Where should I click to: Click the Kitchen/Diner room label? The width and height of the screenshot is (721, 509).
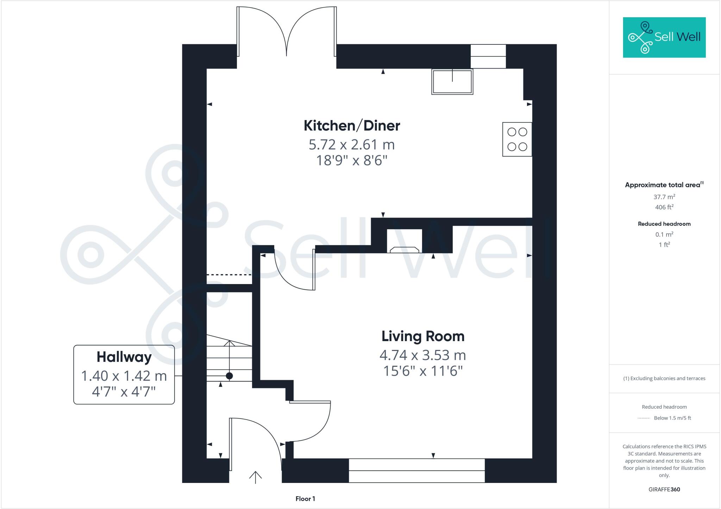[x=352, y=126]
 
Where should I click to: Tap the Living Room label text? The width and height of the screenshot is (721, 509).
[x=423, y=336]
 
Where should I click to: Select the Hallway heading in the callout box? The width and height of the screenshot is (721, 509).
[x=124, y=357]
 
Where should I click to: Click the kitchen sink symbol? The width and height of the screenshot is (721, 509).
[x=452, y=82]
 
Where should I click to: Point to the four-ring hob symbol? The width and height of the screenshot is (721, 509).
[x=517, y=139]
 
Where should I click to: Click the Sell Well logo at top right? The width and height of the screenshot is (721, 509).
[x=664, y=37]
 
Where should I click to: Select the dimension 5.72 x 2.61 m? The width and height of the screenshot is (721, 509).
[x=352, y=145]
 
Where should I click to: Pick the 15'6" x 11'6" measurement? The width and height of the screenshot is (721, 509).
[x=423, y=371]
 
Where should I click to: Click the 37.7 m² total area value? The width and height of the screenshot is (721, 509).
[x=664, y=197]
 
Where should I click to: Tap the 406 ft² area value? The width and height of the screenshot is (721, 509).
[x=664, y=207]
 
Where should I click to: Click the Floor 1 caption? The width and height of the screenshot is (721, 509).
[x=305, y=499]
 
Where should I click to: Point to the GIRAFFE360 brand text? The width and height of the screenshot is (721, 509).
[x=664, y=489]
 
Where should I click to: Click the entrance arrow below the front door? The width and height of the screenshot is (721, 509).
[x=256, y=477]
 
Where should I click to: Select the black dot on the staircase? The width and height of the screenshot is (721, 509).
[x=229, y=376]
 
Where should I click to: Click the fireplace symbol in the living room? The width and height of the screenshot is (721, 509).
[x=404, y=241]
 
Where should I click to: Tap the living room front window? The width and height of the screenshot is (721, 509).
[x=417, y=471]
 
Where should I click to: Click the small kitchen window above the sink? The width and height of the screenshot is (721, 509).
[x=488, y=56]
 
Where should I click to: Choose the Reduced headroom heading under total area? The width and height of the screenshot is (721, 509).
[x=664, y=224]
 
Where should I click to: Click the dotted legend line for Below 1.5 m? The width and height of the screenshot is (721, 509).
[x=644, y=418]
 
